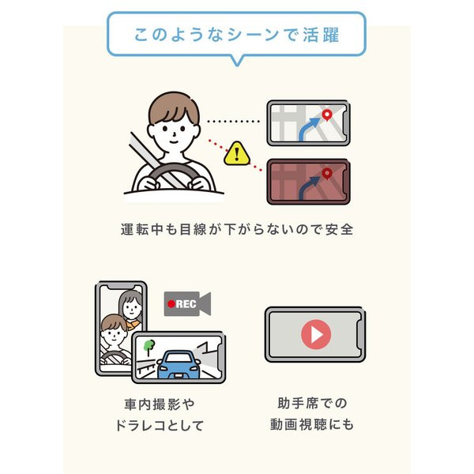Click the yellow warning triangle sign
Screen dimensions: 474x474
pos(237,153)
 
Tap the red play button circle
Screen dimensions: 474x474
pos(316,335)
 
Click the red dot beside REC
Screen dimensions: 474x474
pos(171,304)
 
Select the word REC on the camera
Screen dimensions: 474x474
pos(186,304)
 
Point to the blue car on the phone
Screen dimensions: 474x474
pos(179,365)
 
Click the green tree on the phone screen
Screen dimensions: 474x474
pos(149,348)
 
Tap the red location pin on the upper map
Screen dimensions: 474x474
pos(327,115)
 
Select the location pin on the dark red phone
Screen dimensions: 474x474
pos(327,174)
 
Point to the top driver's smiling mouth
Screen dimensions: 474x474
pos(174,141)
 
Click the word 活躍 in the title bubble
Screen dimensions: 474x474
pos(321,35)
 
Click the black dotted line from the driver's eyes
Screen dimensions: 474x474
pos(233,121)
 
